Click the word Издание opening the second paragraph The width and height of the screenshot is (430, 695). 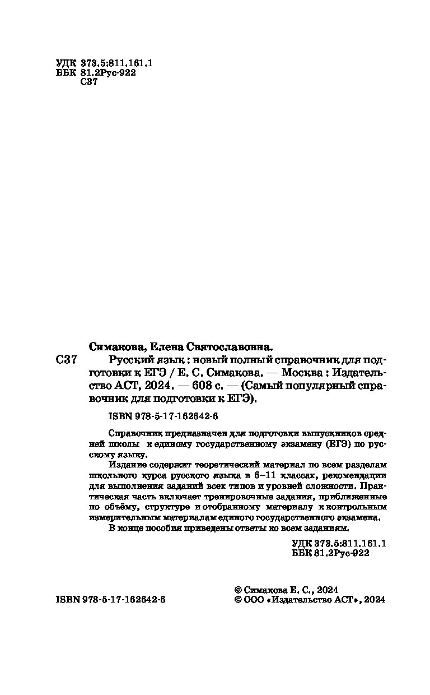124,466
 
